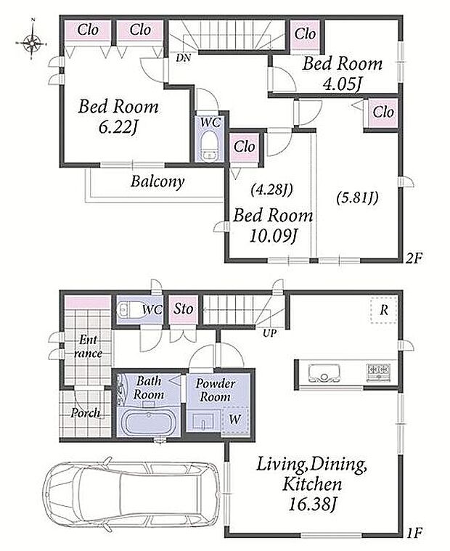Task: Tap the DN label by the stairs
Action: (x=184, y=58)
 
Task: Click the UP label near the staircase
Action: (x=269, y=333)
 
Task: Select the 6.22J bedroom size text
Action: (x=118, y=128)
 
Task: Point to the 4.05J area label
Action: (x=342, y=84)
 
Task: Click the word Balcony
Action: (x=157, y=181)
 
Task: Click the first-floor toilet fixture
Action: (x=130, y=309)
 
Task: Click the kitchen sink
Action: (x=324, y=373)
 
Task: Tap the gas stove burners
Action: (x=379, y=372)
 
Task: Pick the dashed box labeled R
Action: (x=384, y=309)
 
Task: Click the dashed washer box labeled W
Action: (x=235, y=420)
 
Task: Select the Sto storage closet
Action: (x=184, y=309)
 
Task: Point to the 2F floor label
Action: (x=414, y=258)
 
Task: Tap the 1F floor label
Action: (x=414, y=533)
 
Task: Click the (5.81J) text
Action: (x=357, y=198)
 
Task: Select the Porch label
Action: (x=86, y=412)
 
